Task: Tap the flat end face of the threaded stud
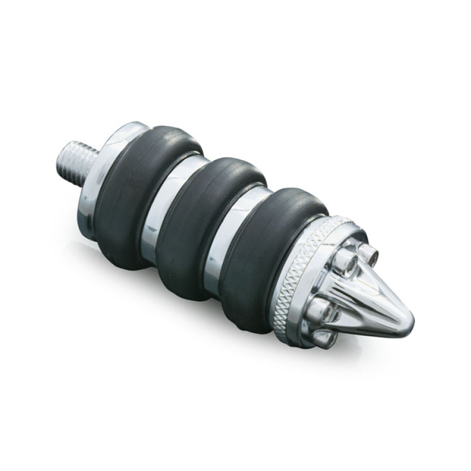point(63,160)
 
